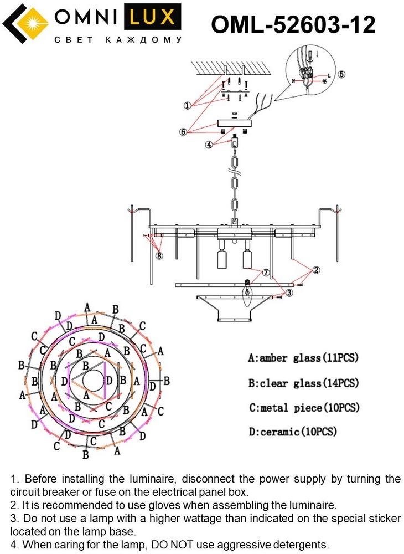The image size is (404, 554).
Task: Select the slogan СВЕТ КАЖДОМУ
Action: tap(118, 40)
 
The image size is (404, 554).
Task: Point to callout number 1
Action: tap(188, 105)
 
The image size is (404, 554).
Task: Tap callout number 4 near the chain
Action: tap(209, 145)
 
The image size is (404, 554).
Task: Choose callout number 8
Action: tap(159, 256)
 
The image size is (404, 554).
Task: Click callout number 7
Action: tap(266, 273)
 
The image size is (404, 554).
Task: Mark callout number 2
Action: tap(316, 270)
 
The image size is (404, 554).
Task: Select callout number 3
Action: tap(289, 293)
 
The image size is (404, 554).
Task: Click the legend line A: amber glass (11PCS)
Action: tap(303, 358)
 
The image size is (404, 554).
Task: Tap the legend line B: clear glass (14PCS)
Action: tap(303, 383)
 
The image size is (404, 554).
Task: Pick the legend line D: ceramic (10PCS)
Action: tap(293, 432)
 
